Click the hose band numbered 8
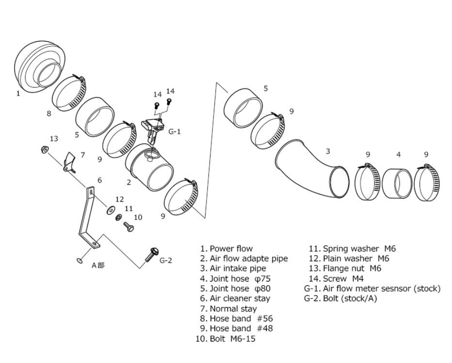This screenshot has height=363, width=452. (x=69, y=92)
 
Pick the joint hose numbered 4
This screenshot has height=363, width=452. (x=397, y=183)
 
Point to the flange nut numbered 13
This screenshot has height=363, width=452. (x=45, y=149)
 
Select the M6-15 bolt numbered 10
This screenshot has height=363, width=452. (x=129, y=226)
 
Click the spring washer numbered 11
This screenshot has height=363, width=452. (x=118, y=217)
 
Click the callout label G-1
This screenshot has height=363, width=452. (x=175, y=132)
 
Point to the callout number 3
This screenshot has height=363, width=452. (x=328, y=151)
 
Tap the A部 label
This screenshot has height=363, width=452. (x=98, y=265)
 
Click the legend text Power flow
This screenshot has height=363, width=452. (x=231, y=248)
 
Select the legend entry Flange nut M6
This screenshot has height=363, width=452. (x=352, y=268)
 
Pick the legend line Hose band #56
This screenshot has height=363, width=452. (x=241, y=318)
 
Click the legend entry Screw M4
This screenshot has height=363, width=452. (x=343, y=279)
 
